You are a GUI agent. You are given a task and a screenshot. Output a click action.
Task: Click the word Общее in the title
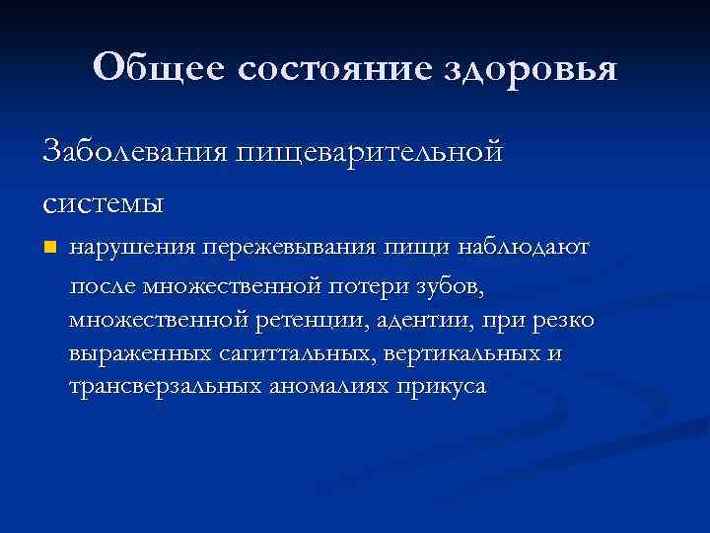(159, 69)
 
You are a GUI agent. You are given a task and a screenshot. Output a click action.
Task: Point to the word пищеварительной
(368, 154)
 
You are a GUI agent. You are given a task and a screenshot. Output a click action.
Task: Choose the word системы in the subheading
(103, 203)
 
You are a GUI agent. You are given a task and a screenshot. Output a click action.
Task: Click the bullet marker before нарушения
(50, 246)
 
